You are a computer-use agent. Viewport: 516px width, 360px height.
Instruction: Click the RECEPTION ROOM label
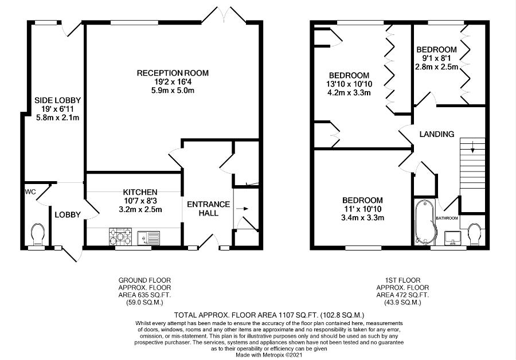pos(173,73)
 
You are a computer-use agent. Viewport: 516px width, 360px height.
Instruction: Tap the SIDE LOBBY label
pos(57,100)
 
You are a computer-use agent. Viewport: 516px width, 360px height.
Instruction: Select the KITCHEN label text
pos(140,192)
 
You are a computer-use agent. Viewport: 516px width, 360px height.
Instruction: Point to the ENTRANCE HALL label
pos(208,209)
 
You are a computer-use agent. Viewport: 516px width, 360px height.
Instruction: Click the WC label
pos(30,191)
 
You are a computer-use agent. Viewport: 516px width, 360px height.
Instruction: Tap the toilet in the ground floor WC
pos(37,234)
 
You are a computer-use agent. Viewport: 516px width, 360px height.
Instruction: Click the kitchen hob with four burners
pos(120,236)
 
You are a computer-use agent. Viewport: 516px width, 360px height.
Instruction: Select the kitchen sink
pos(148,238)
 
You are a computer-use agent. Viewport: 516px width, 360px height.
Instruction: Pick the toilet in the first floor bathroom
pos(474,234)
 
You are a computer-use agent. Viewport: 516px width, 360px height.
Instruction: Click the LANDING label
pos(437,134)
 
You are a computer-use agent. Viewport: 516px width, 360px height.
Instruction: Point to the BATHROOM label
pos(447,218)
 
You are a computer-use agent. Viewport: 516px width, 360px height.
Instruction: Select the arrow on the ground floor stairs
pos(244,208)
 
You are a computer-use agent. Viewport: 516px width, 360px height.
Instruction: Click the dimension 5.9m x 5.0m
pos(173,90)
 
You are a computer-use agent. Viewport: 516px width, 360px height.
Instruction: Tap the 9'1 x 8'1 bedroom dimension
pos(436,58)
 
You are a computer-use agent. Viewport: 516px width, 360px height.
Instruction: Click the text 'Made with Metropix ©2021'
pos(269,355)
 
